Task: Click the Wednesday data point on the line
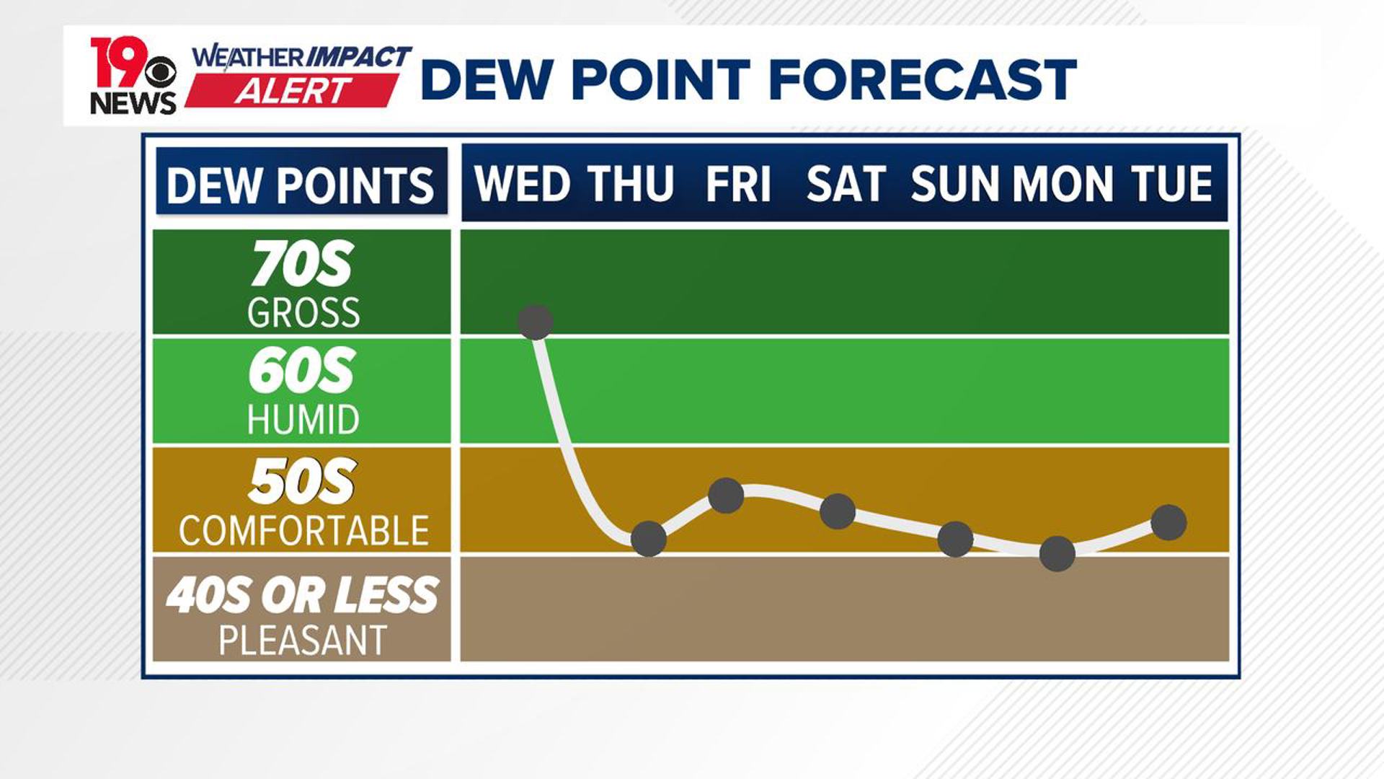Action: point(535,322)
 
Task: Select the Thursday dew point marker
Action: point(648,539)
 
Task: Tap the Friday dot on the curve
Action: point(726,496)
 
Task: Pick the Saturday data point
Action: point(838,512)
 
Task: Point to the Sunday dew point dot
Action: point(955,540)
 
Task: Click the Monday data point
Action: point(1057,554)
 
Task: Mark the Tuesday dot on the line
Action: point(1168,522)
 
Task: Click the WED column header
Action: point(523,184)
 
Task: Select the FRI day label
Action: point(738,184)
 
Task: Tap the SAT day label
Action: point(846,184)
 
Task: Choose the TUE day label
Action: point(1172,184)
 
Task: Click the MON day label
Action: point(1063,184)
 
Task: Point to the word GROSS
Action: point(303,313)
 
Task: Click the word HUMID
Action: point(303,420)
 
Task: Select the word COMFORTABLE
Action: point(303,531)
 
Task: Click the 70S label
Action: point(303,265)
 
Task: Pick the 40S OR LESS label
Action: point(303,595)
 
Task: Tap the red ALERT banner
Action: point(293,91)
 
